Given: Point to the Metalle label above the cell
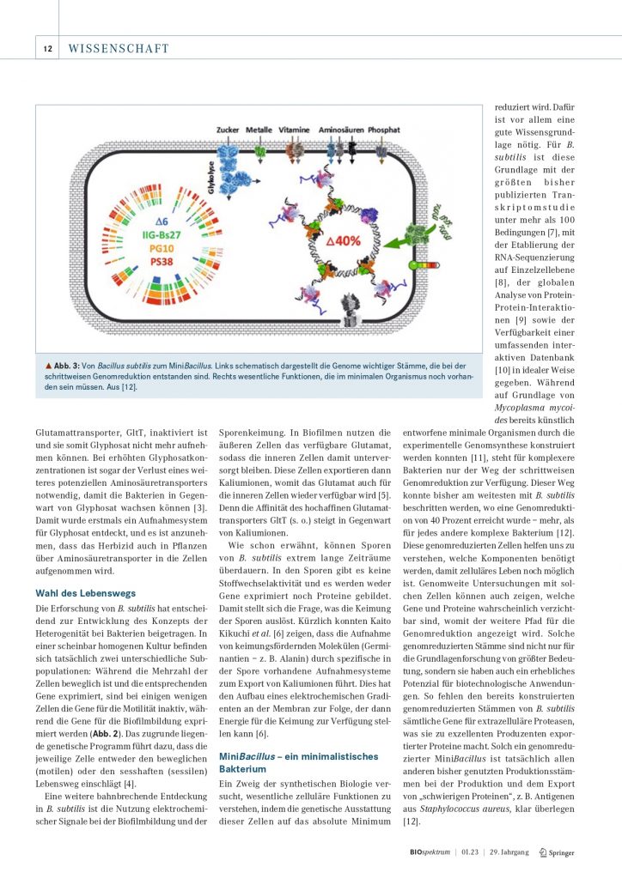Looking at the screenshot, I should click(x=259, y=130).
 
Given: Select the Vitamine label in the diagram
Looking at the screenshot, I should click(x=294, y=130).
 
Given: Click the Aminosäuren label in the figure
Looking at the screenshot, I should click(x=338, y=130).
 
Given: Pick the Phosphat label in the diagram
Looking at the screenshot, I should click(x=384, y=130).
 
